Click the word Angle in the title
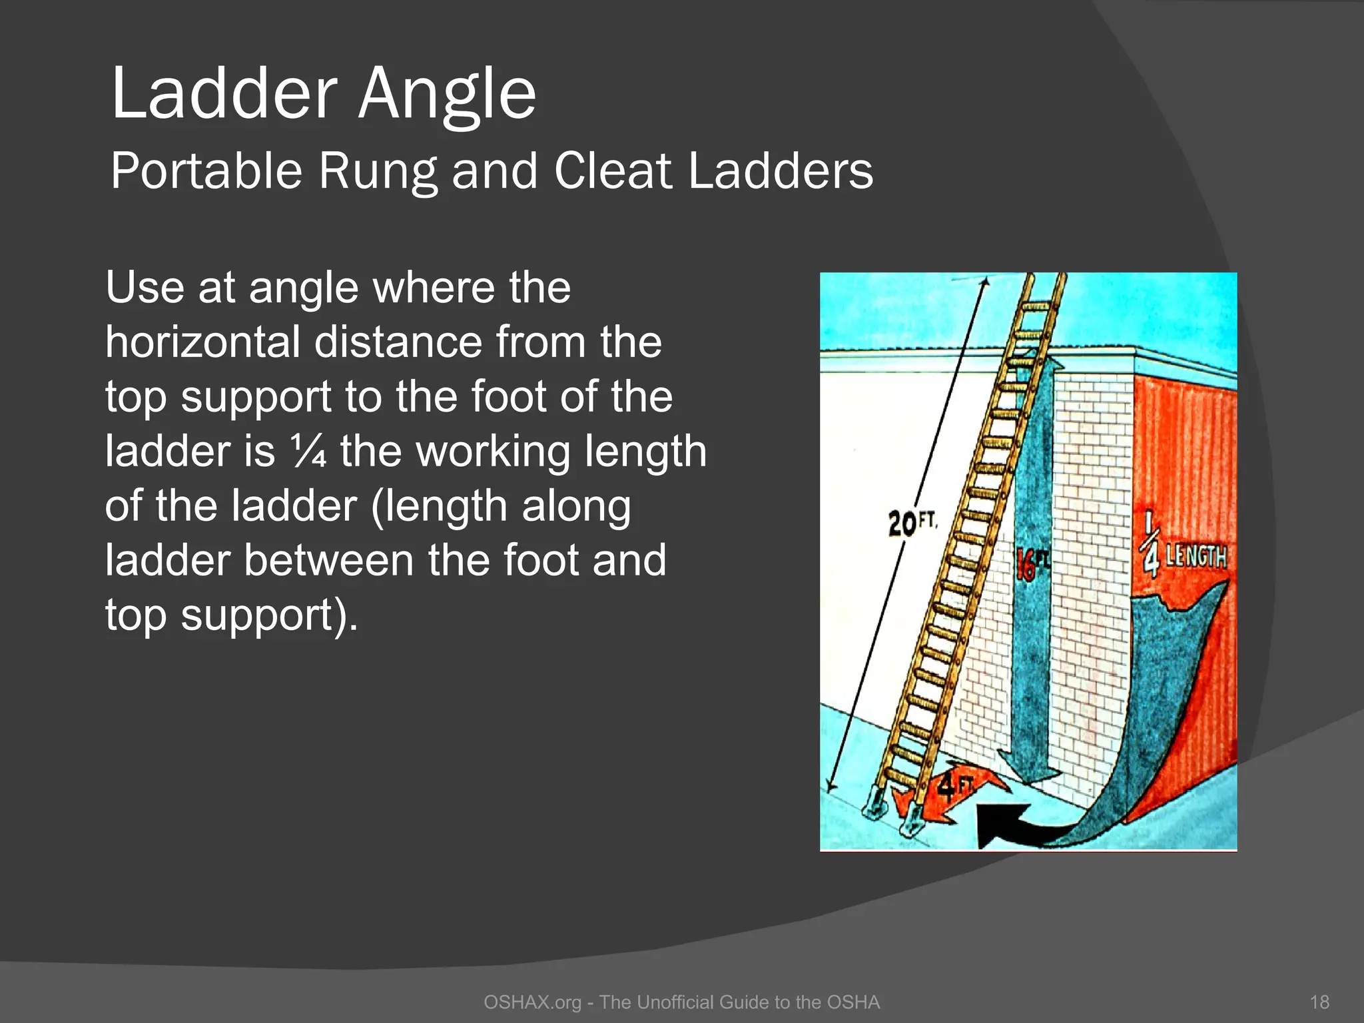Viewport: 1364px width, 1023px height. (447, 95)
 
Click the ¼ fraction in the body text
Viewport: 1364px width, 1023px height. (309, 451)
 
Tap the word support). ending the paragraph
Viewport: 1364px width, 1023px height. (269, 615)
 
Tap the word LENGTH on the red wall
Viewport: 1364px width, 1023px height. (1196, 555)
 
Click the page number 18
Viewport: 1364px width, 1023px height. (1319, 1002)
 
